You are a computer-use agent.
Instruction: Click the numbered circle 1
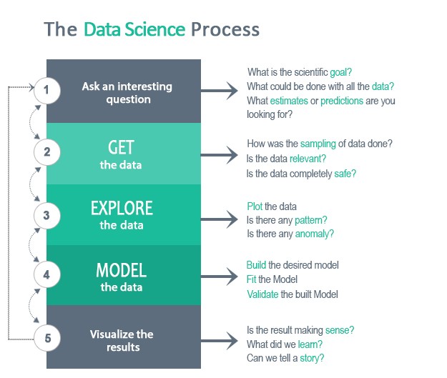click(x=46, y=91)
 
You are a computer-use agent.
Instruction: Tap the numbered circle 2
click(x=46, y=151)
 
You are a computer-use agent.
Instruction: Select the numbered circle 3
click(x=46, y=213)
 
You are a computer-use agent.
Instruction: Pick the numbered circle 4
click(x=46, y=274)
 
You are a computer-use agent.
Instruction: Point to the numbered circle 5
click(x=46, y=338)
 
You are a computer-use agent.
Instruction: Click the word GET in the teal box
click(x=121, y=148)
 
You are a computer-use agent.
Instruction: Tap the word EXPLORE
click(x=122, y=209)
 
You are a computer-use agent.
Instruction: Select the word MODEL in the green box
click(x=121, y=271)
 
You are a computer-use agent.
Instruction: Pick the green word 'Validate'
click(x=262, y=294)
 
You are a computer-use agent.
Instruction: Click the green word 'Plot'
click(x=255, y=206)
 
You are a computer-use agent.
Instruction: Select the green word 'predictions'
click(x=341, y=100)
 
